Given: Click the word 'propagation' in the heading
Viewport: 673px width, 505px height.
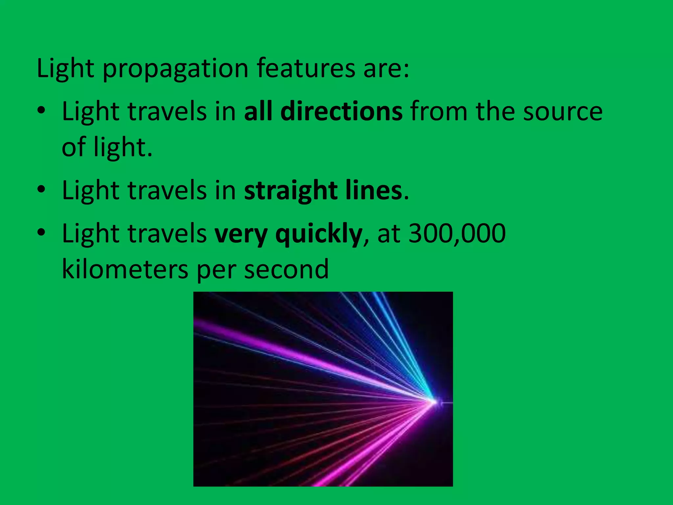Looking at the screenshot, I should click(x=175, y=69).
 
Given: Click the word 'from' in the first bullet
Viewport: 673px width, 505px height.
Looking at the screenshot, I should click(x=439, y=112).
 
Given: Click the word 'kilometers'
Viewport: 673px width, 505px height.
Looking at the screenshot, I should click(x=125, y=269).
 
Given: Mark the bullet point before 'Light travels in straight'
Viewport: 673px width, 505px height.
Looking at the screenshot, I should click(x=41, y=190).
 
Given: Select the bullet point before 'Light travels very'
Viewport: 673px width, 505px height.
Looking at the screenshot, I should click(x=41, y=233).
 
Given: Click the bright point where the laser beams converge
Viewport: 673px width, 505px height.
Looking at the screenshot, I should click(x=434, y=402).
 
